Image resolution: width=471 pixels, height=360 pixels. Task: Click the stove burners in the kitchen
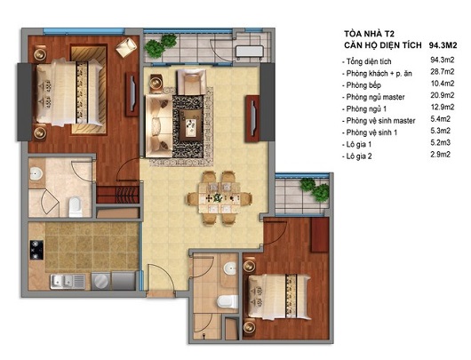(x=38, y=248)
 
